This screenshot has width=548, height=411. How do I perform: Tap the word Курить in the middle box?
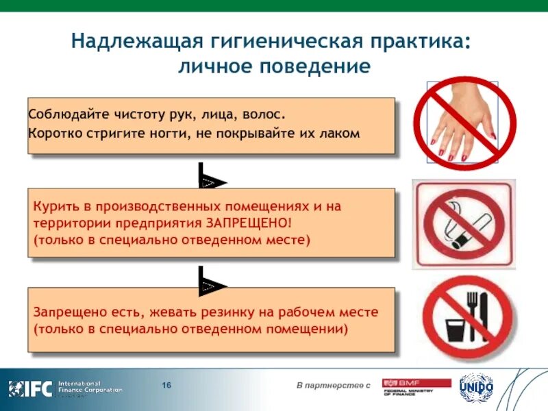click(x=52, y=206)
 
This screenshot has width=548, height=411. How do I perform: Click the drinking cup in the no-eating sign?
click(x=456, y=328)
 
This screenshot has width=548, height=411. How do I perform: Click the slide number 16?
click(x=166, y=386)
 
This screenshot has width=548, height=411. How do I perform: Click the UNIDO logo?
click(x=475, y=387)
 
